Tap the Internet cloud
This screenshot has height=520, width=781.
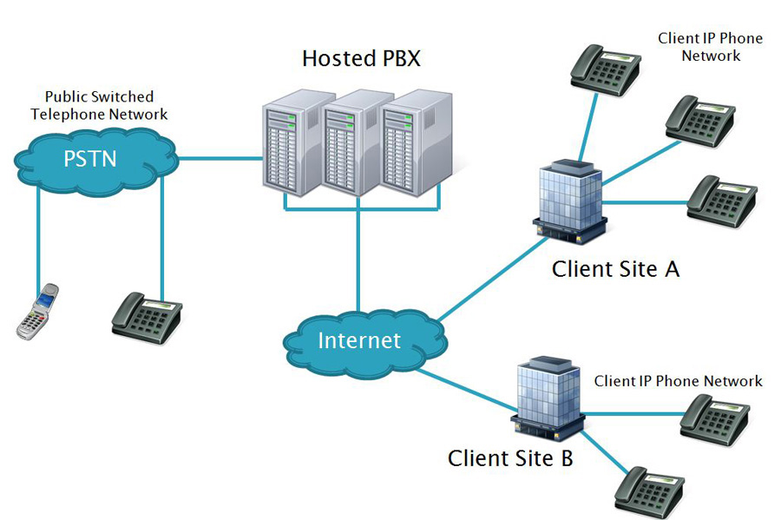pos(359,339)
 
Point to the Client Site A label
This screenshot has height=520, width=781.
pos(615,269)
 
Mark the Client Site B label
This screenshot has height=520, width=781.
pos(510,457)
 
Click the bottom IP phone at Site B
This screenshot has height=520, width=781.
pos(651,491)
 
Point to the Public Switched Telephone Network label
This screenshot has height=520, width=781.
pos(99,105)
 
